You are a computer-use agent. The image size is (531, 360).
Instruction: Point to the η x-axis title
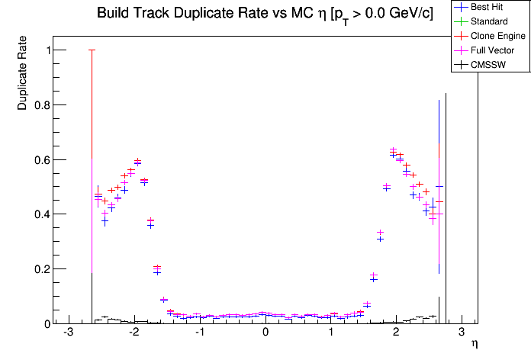(x=474, y=345)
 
